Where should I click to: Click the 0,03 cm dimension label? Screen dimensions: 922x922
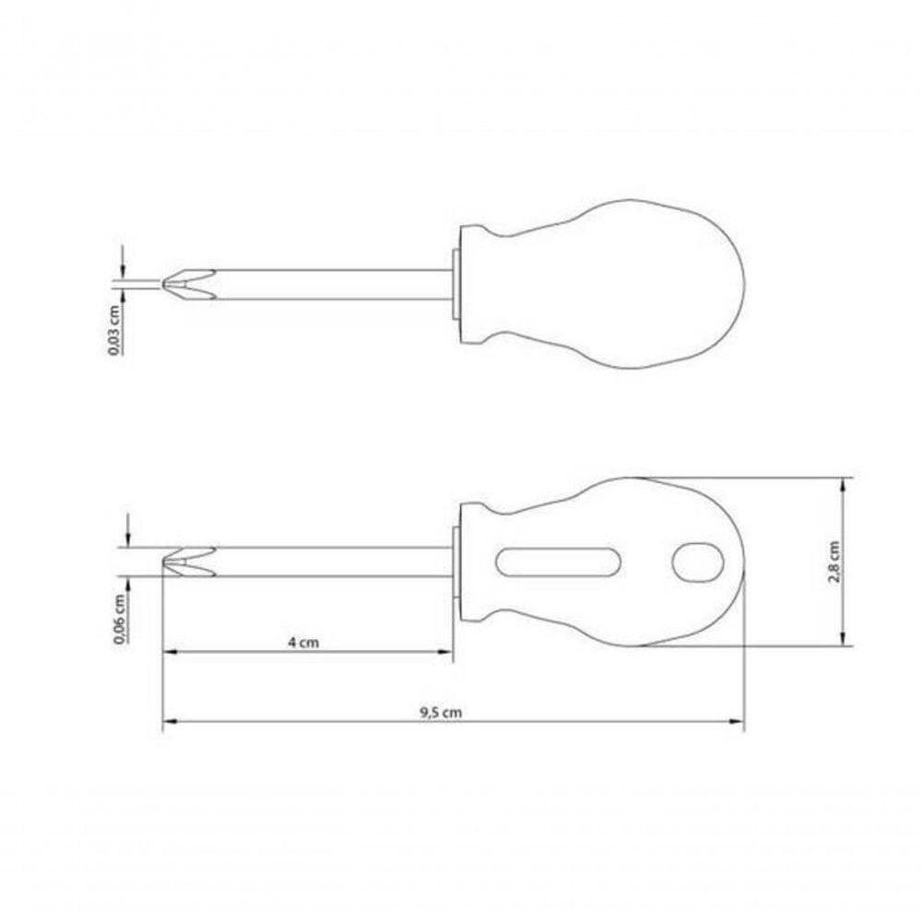pos(114,330)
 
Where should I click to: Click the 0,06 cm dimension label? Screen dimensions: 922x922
pos(120,620)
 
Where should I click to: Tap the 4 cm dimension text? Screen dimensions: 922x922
pos(303,642)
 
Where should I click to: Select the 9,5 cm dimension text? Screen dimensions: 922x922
pos(441,713)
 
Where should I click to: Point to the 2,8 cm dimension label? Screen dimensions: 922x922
pos(833,561)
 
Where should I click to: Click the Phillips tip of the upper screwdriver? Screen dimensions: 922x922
pos(188,285)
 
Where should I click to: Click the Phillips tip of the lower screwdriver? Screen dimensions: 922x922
pos(188,561)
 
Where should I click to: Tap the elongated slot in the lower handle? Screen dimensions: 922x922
pos(558,561)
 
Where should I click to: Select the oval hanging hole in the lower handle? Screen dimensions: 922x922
pos(697,562)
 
